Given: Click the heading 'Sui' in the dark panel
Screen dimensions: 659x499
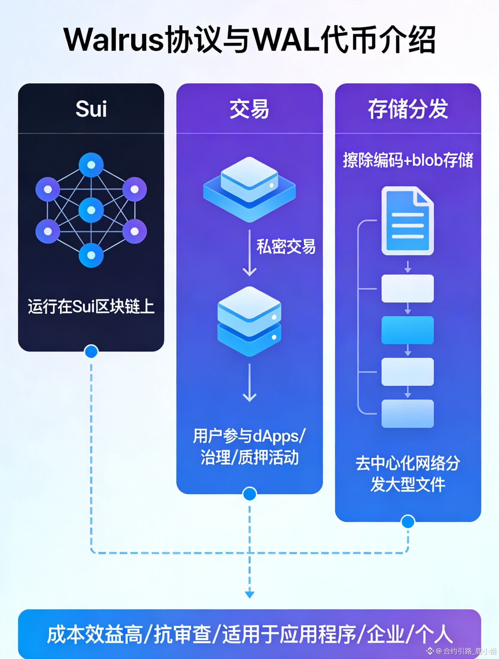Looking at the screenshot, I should pos(91,109).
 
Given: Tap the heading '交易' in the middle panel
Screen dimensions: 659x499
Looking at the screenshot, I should pos(249,109).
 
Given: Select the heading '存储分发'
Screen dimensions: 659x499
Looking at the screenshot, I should pos(408,109).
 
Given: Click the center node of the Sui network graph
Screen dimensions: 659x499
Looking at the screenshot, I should pos(91,210).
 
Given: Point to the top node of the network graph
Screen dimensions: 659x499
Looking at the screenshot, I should pos(91,165).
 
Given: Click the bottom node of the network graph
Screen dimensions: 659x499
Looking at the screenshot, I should pos(91,255).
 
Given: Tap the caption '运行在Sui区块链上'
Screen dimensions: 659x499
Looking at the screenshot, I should pos(91,306).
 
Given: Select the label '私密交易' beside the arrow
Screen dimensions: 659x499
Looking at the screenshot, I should pos(286,247).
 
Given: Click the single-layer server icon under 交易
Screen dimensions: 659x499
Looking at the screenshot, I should pos(249,190).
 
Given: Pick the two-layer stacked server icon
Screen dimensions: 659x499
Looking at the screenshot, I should pos(249,321).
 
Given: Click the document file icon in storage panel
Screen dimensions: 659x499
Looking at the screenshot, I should pos(408,221).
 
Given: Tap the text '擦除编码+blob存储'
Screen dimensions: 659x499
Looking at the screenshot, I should pos(408,160).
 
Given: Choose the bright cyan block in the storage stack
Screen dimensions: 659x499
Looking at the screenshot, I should pos(408,330).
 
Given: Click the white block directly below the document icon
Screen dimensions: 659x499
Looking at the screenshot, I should pos(408,288).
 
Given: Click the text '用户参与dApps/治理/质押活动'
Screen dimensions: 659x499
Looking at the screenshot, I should pos(249,447).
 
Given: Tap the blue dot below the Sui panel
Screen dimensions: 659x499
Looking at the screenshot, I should pos(91,351).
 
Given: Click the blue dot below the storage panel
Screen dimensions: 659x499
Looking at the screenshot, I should pos(408,522).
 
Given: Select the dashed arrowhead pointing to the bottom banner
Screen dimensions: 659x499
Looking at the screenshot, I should pos(249,595).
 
